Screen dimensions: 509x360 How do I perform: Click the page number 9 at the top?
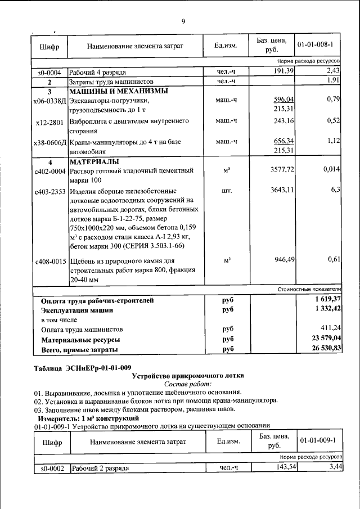183,21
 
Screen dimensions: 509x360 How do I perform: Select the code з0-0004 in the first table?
49,73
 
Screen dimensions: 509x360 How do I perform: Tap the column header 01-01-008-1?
318,44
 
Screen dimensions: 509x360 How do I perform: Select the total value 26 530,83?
321,350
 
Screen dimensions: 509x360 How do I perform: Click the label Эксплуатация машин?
77,310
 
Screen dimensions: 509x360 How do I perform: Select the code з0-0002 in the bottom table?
49,468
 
